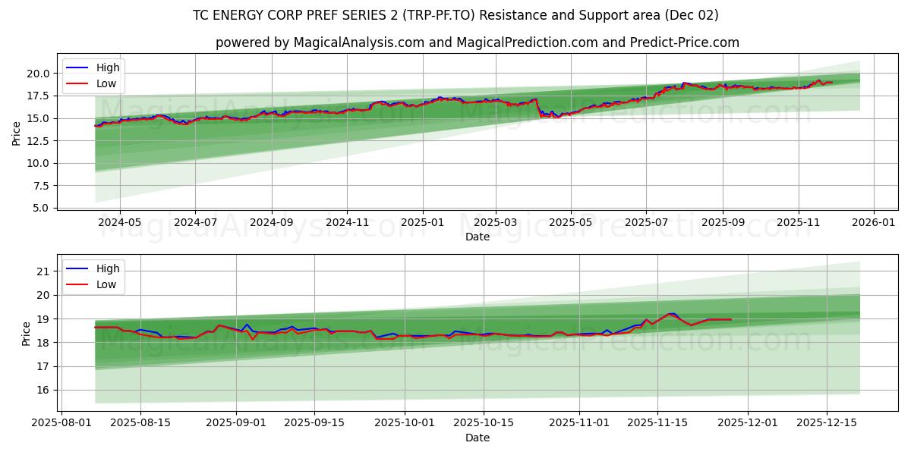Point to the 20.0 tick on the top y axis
pyautogui.click(x=38, y=74)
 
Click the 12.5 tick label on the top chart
pyautogui.click(x=38, y=141)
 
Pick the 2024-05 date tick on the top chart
pyautogui.click(x=120, y=222)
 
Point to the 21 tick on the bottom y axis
pyautogui.click(x=43, y=271)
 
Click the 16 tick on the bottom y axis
pyautogui.click(x=43, y=391)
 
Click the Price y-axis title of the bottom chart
pyautogui.click(x=27, y=334)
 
